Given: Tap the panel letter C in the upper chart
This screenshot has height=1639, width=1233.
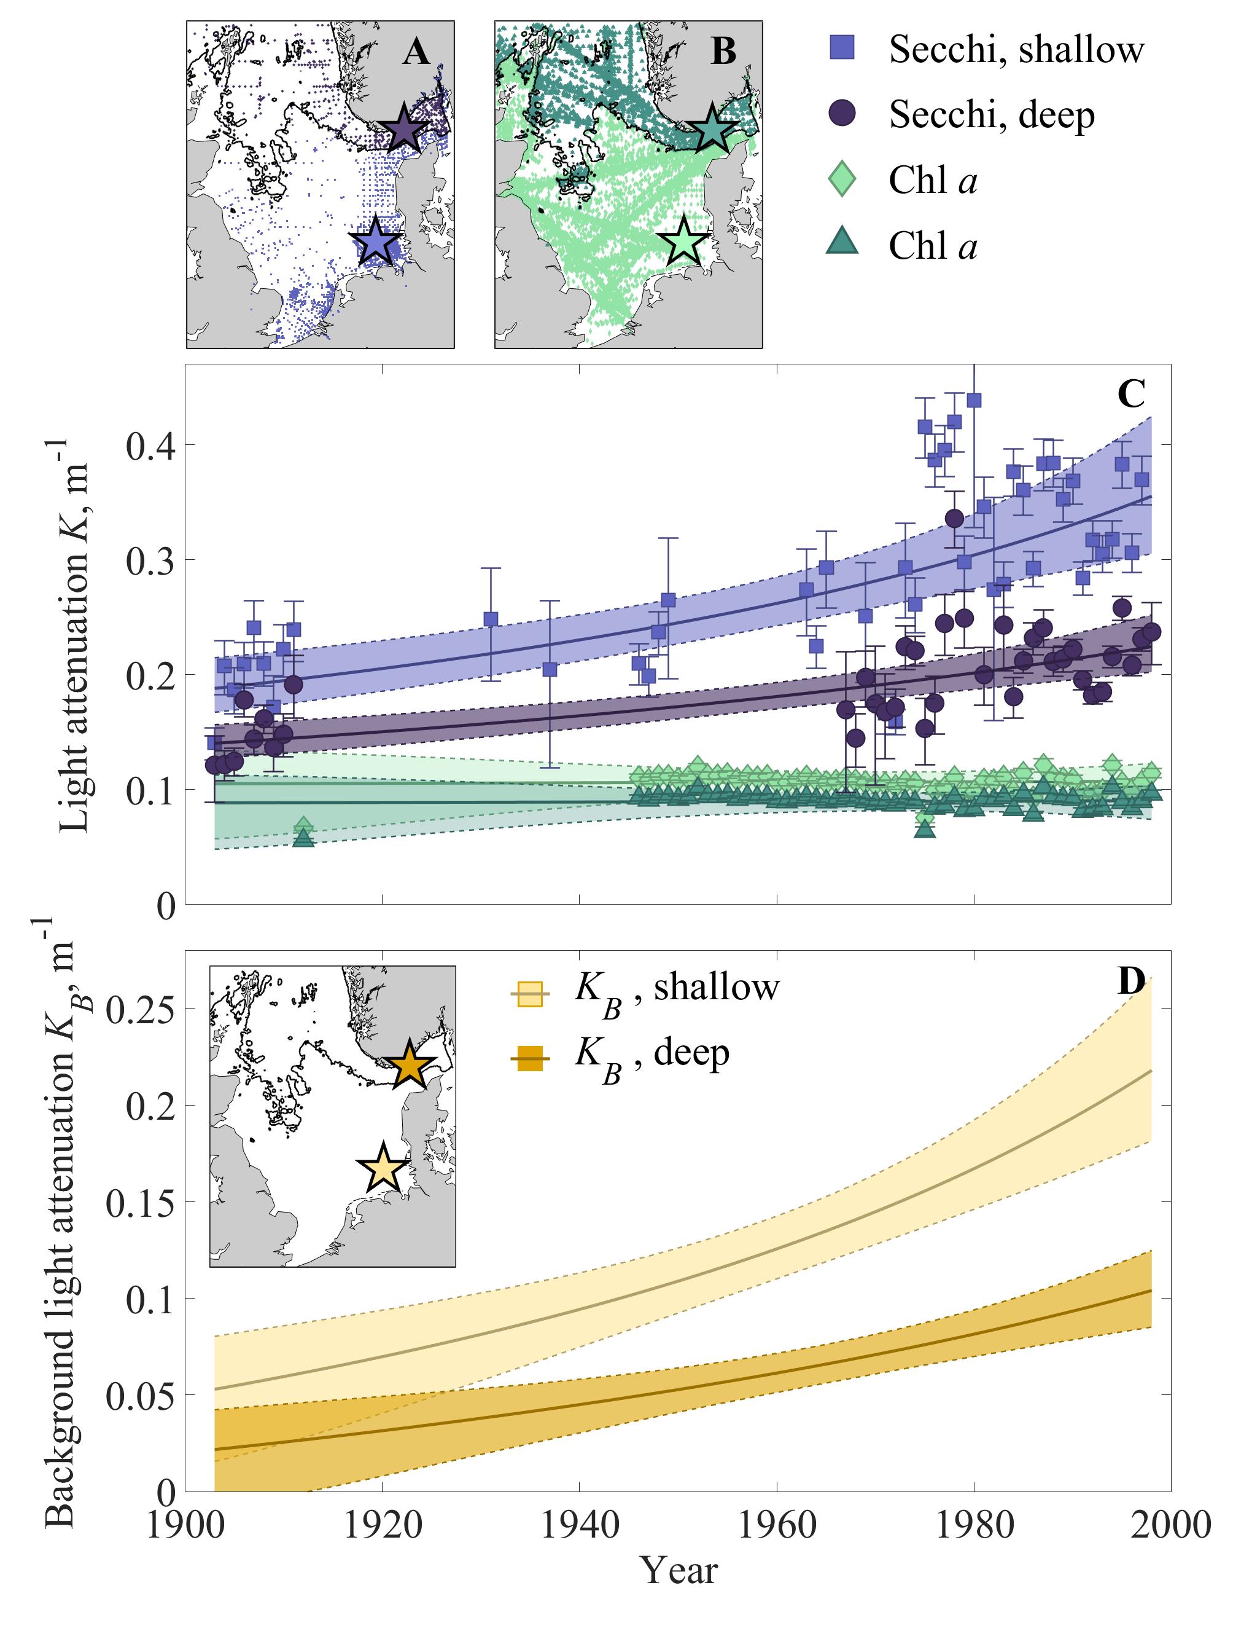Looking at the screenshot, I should click(x=1131, y=395).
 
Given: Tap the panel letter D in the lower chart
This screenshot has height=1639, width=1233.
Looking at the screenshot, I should click(x=1131, y=983).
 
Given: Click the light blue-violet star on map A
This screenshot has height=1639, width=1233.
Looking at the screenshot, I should click(x=375, y=242).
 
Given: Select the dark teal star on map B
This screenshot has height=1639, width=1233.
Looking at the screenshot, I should click(x=711, y=130).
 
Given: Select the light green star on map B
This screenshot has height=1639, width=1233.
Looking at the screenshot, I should click(x=683, y=242).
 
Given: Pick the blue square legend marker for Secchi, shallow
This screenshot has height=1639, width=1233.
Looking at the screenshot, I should click(x=842, y=49).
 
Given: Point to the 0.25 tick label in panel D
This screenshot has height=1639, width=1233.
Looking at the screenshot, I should click(x=141, y=1010).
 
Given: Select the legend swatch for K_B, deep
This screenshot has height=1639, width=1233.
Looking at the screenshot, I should click(x=531, y=1060).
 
